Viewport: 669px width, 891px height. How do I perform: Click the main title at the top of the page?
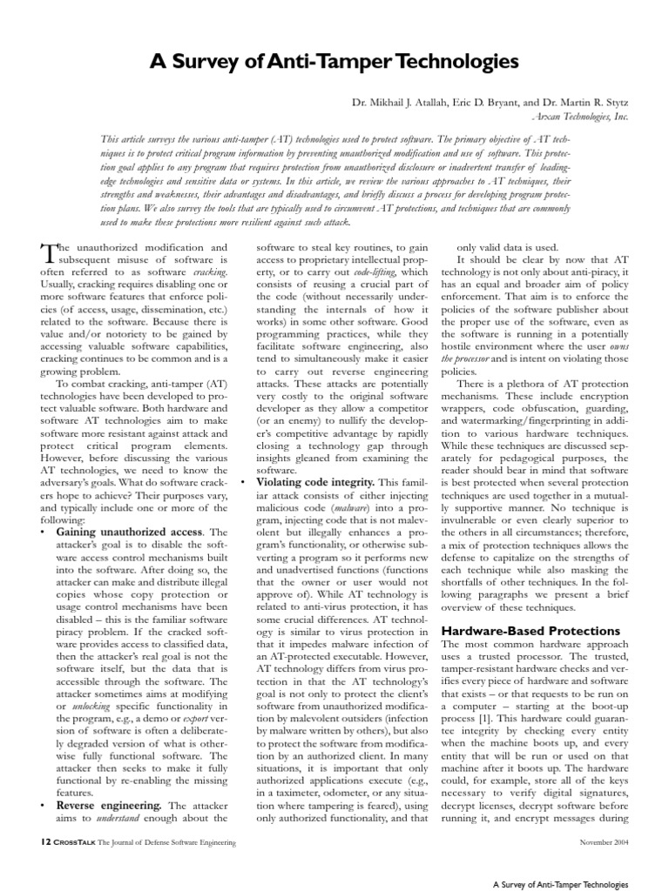[334, 61]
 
